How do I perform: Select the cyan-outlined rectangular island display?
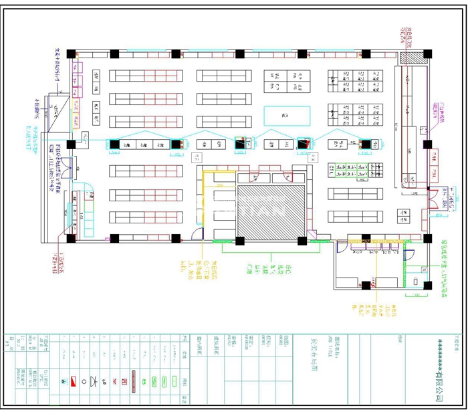point(287,115)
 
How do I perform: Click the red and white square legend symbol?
point(64,381)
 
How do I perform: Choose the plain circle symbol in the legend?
point(84,381)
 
